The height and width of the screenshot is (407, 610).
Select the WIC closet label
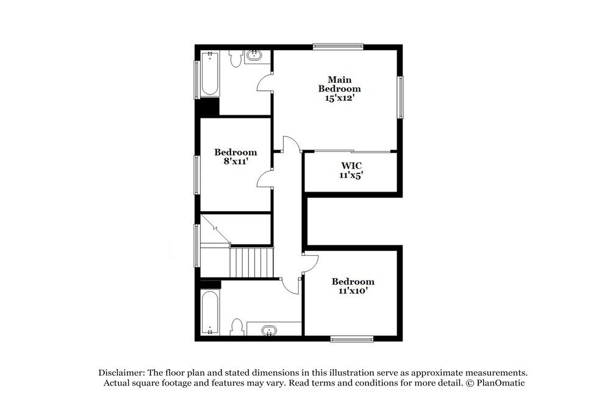pyautogui.click(x=351, y=165)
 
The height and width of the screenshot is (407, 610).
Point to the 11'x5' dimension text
pyautogui.click(x=351, y=175)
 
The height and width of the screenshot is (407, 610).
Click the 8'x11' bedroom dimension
pyautogui.click(x=235, y=162)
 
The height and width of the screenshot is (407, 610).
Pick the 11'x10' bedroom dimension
pyautogui.click(x=353, y=291)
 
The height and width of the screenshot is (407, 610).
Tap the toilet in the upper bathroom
pyautogui.click(x=235, y=59)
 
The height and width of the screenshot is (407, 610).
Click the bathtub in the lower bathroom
pyautogui.click(x=209, y=314)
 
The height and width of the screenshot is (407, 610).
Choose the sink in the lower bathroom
pyautogui.click(x=269, y=331)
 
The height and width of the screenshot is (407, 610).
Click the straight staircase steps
pyautogui.click(x=251, y=262)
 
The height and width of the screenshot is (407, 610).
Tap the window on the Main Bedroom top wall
pyautogui.click(x=338, y=46)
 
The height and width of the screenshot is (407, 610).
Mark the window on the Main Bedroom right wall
pyautogui.click(x=401, y=97)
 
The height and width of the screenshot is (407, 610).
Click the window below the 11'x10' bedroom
pyautogui.click(x=352, y=339)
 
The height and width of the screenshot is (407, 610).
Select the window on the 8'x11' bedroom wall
pyautogui.click(x=196, y=175)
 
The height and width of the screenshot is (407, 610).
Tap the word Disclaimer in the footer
pyautogui.click(x=122, y=372)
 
